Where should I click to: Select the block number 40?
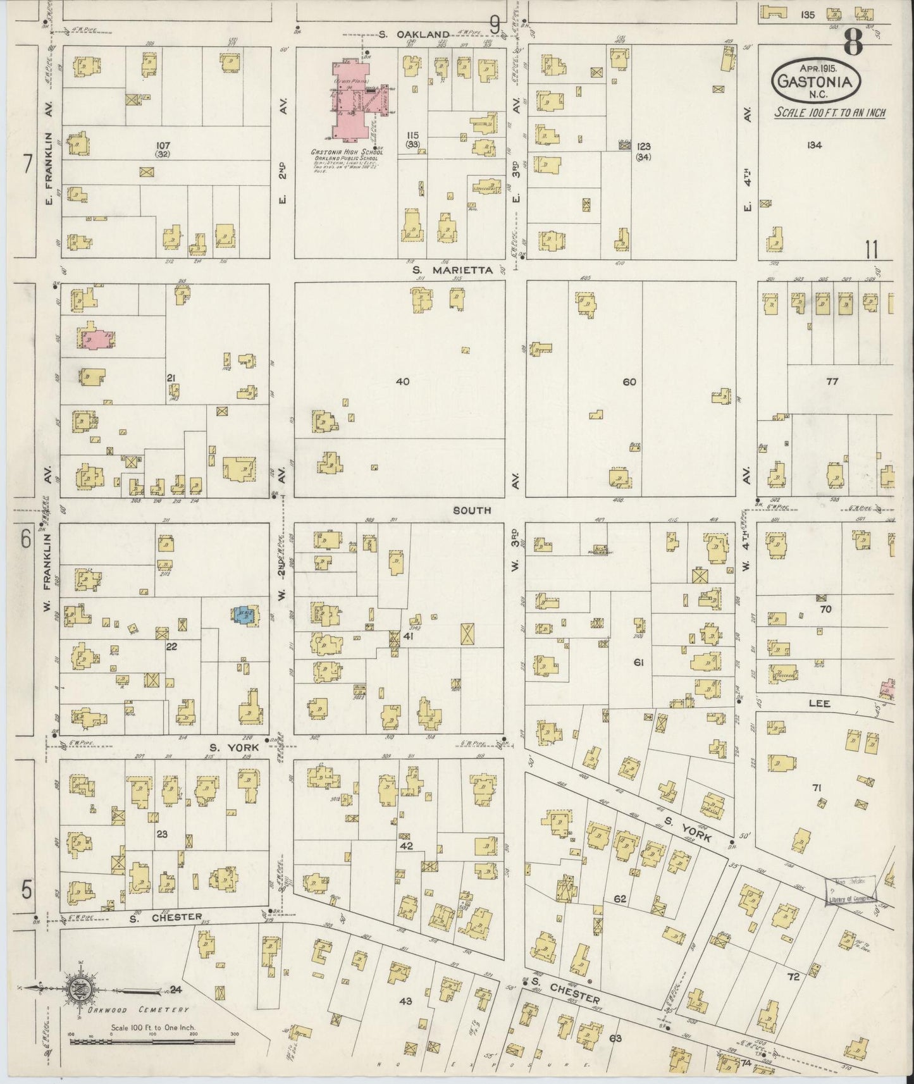(402, 381)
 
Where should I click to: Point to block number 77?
(832, 381)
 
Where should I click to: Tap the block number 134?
(814, 145)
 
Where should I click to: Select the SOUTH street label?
(472, 510)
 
